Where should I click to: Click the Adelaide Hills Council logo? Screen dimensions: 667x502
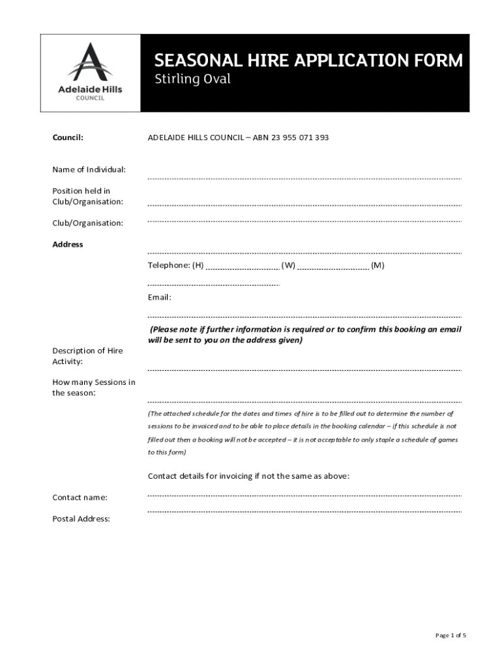click(x=91, y=72)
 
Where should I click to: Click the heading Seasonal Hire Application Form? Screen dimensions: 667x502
click(x=308, y=61)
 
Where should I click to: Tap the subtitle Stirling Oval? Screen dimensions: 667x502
click(x=192, y=80)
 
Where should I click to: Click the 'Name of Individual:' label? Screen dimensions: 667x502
click(x=89, y=170)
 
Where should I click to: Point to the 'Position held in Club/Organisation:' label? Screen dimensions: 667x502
click(x=87, y=196)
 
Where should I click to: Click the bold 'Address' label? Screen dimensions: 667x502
click(x=68, y=244)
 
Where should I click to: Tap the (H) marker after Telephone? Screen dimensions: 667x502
click(x=198, y=265)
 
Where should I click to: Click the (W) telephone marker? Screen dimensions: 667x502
click(x=288, y=265)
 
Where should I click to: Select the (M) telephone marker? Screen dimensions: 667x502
click(x=377, y=265)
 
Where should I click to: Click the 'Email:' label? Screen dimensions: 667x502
click(x=160, y=297)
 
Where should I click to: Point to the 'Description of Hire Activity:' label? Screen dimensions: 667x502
click(x=87, y=356)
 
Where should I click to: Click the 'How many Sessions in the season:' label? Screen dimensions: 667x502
click(x=94, y=388)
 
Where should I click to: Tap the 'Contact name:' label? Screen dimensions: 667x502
click(x=80, y=498)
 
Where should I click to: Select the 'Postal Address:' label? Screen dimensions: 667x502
click(x=81, y=519)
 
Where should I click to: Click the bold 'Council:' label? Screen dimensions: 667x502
click(x=68, y=138)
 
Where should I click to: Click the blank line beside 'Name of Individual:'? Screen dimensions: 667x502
click(x=304, y=178)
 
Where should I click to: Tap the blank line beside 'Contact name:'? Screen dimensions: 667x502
click(x=304, y=496)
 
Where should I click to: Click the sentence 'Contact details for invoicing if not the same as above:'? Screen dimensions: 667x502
click(x=249, y=476)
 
